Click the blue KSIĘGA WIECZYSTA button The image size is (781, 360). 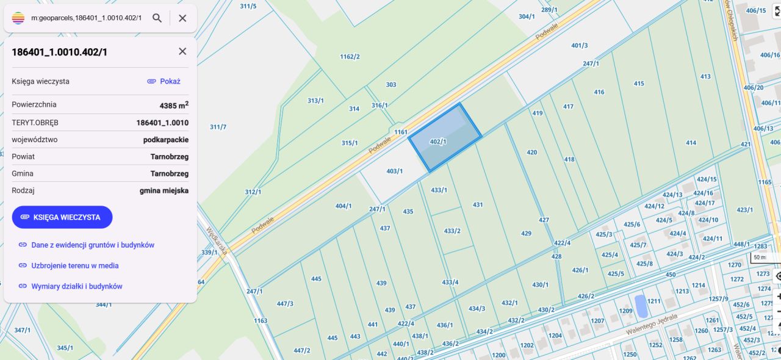click(x=62, y=217)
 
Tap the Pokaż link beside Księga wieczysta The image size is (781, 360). click(x=164, y=81)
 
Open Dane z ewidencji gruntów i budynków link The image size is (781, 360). click(x=92, y=245)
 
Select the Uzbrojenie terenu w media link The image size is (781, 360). click(x=74, y=265)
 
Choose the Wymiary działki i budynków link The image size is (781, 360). click(x=76, y=286)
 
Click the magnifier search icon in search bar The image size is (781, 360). click(x=157, y=18)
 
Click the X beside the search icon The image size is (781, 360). click(x=182, y=18)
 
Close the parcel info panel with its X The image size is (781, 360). click(x=182, y=51)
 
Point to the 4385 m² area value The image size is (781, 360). click(x=173, y=105)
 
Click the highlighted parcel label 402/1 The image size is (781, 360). click(x=438, y=142)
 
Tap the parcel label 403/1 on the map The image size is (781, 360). click(x=395, y=171)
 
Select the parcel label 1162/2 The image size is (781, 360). click(x=350, y=57)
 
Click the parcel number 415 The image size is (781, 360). click(x=639, y=84)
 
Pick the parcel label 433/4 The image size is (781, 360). click(x=450, y=282)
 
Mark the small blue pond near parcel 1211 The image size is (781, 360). click(x=641, y=306)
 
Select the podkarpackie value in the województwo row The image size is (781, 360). click(x=165, y=140)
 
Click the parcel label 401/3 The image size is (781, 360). click(x=579, y=45)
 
